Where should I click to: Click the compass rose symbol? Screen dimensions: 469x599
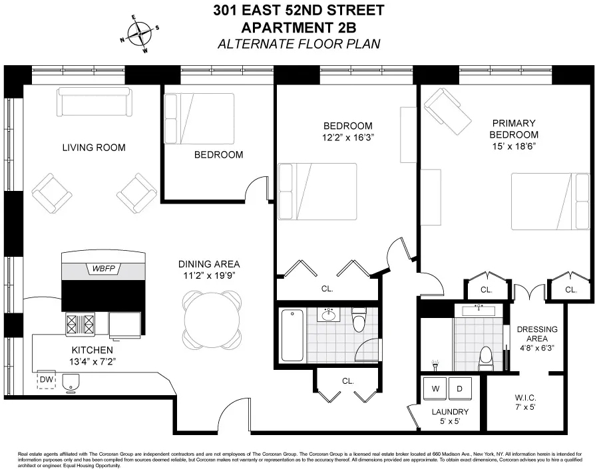point(140,33)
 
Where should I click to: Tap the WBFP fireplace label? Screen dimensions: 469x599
point(103,269)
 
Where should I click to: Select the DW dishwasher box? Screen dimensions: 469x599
point(47,380)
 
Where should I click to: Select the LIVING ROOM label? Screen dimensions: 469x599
point(93,147)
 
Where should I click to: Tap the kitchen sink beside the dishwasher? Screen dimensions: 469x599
point(71,382)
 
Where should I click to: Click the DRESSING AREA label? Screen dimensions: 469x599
point(537,335)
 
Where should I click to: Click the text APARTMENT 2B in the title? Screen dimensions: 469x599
point(299,28)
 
